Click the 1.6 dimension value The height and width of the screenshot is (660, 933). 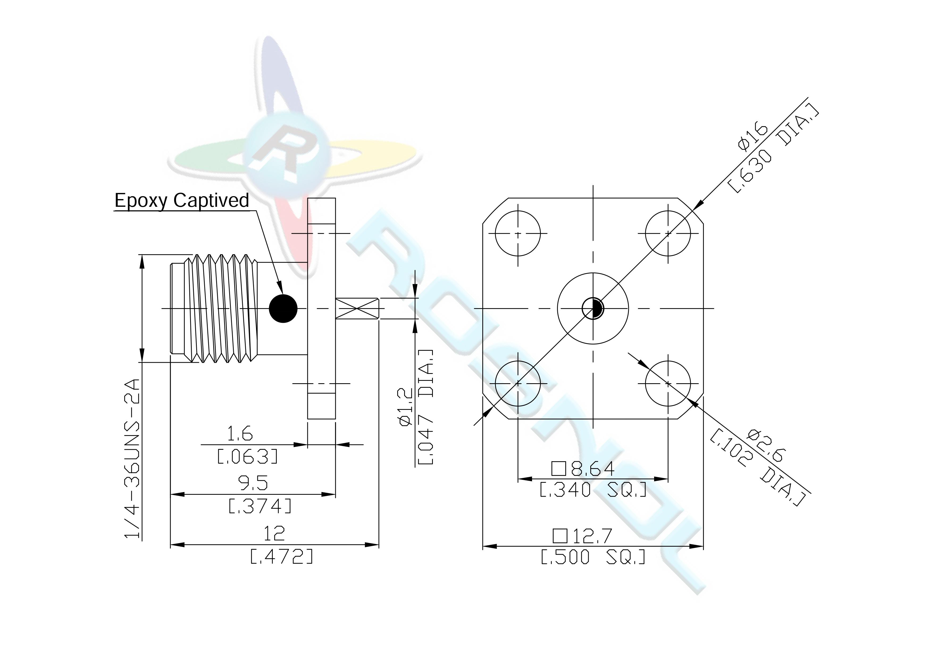(x=240, y=434)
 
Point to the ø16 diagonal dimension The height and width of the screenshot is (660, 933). (x=753, y=137)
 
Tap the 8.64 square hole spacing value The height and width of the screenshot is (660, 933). (x=583, y=469)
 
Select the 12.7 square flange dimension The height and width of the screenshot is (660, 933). (x=582, y=536)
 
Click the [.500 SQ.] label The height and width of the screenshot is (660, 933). (x=593, y=557)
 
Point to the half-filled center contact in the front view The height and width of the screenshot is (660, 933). (x=593, y=308)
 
